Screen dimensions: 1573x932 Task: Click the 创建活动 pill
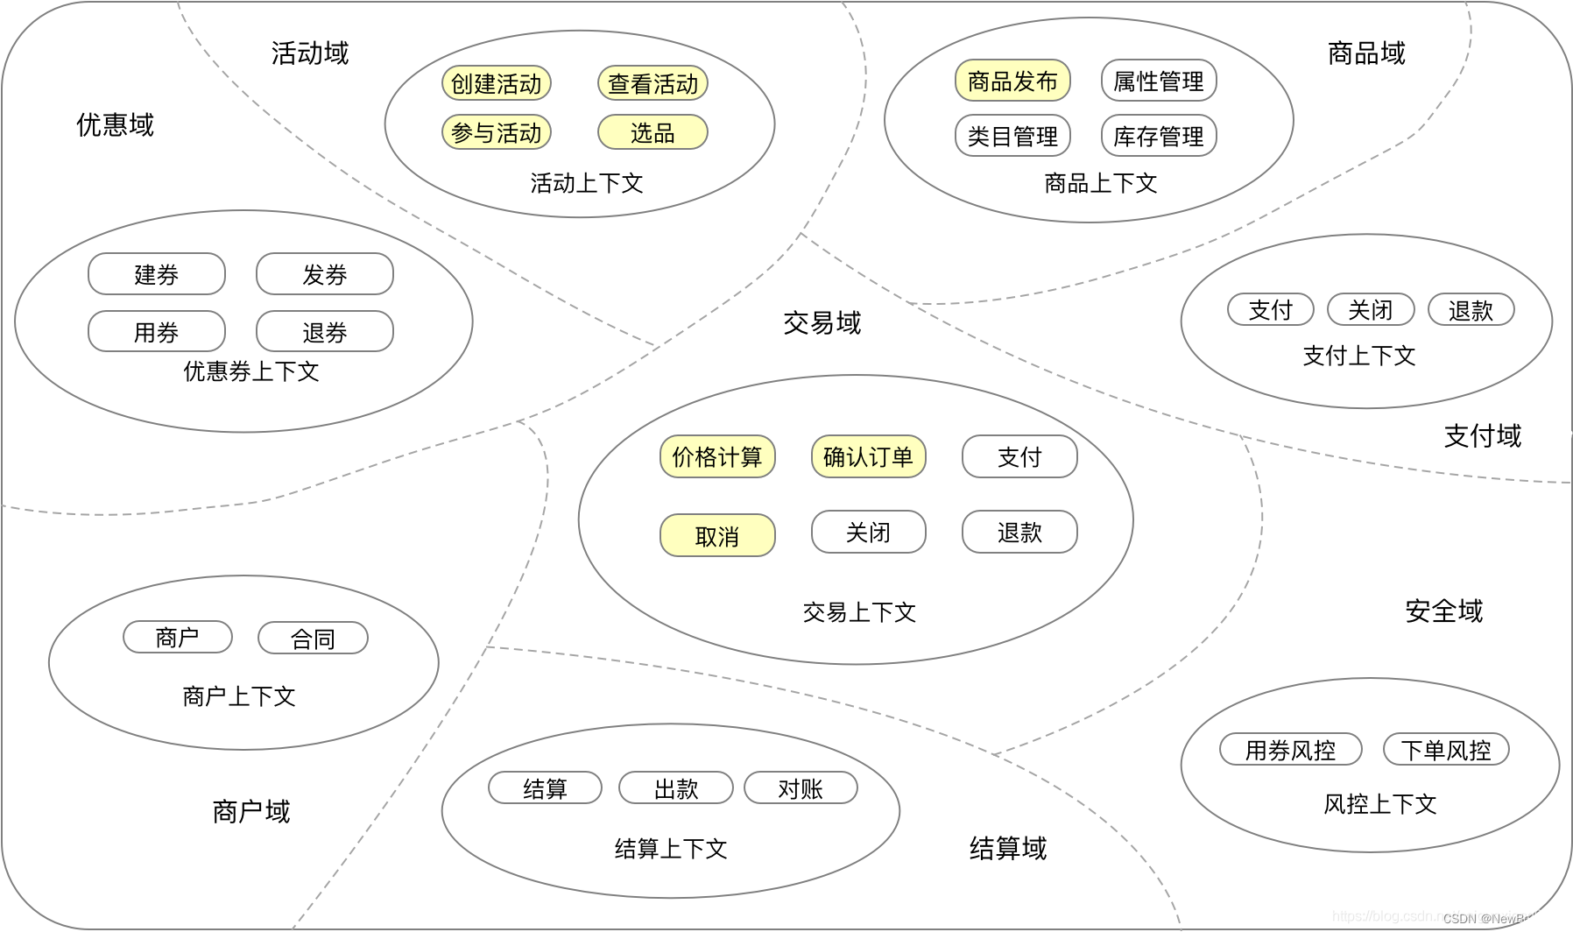(x=497, y=83)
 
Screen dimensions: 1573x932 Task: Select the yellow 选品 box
(x=652, y=132)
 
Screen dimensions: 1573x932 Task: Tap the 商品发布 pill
(x=1012, y=81)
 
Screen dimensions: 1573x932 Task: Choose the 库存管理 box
(x=1158, y=136)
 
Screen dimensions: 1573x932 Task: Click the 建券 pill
(x=157, y=274)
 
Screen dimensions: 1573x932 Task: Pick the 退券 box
(x=325, y=332)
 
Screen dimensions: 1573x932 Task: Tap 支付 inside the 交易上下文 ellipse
(x=1019, y=456)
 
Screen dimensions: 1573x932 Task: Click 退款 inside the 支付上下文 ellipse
(x=1471, y=310)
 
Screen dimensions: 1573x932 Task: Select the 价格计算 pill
(x=717, y=456)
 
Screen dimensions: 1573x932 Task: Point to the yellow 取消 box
(x=717, y=535)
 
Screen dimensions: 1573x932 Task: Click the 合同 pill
(x=313, y=639)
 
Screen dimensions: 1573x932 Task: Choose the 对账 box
(x=801, y=788)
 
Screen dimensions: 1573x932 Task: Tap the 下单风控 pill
(x=1446, y=750)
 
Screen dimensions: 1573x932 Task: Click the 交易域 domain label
(x=822, y=323)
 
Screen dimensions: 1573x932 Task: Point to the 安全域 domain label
(x=1443, y=611)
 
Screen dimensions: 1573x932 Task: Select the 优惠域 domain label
(x=115, y=124)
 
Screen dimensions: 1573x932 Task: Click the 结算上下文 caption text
(x=671, y=848)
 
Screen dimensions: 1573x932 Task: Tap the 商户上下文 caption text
(x=239, y=696)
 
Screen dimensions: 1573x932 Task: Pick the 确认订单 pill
(x=868, y=456)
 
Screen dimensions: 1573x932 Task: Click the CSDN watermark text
(x=1500, y=918)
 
